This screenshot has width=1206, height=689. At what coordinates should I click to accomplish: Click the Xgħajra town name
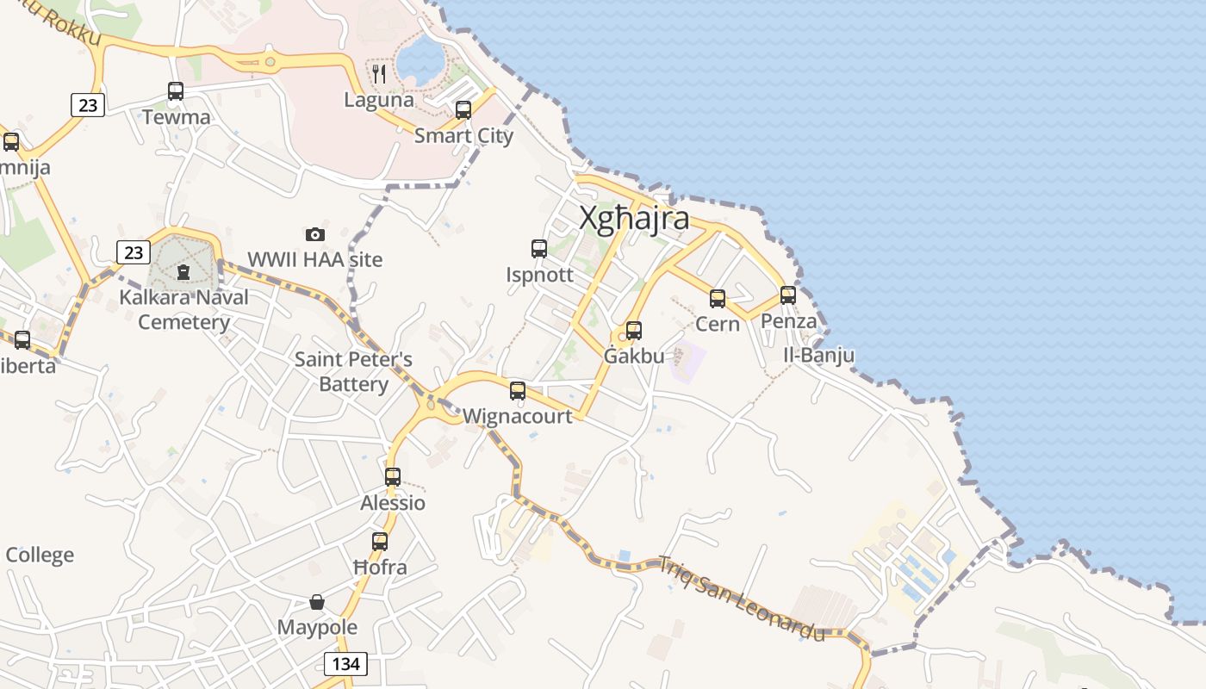click(634, 218)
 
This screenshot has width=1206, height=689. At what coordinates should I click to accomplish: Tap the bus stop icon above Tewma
click(176, 90)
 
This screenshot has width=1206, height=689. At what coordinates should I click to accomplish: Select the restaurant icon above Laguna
click(379, 74)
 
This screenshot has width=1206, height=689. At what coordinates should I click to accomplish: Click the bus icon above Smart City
click(463, 110)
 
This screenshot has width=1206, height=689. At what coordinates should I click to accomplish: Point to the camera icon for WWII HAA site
click(315, 234)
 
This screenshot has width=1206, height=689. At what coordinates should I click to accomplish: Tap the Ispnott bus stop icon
click(539, 249)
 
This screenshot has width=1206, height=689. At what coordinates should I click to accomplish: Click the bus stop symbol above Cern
click(718, 299)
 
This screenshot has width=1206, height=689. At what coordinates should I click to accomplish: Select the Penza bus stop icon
click(788, 295)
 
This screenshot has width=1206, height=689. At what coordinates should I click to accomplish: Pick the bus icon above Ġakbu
click(634, 330)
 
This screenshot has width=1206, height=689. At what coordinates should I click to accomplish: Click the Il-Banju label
click(818, 355)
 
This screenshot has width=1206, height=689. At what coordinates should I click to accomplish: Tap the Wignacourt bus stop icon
click(518, 391)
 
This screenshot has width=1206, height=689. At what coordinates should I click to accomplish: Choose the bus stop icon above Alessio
click(393, 476)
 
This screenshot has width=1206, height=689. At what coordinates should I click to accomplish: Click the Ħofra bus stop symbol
click(380, 542)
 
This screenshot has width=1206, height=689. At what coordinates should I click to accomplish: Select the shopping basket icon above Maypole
click(317, 601)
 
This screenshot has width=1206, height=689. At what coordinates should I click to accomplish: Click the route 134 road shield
click(345, 663)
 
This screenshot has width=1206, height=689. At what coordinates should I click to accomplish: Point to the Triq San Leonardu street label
click(741, 599)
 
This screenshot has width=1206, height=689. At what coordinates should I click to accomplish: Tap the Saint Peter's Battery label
click(353, 371)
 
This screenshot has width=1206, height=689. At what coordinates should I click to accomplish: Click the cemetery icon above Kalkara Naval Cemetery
click(183, 272)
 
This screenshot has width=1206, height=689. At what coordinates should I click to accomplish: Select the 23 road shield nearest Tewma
click(87, 105)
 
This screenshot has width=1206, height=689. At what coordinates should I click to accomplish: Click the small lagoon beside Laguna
click(421, 60)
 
